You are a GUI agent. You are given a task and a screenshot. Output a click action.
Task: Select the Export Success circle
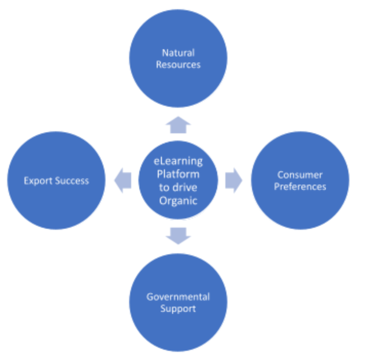56,181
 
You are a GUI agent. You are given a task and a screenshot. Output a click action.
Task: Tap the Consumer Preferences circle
300,181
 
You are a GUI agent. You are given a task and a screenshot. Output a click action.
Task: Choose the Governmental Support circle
178,303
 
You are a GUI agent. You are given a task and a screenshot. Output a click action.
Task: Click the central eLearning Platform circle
178,181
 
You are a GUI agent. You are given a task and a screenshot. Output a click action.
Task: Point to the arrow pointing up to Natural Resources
178,125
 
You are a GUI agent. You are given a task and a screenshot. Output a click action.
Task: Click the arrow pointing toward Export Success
122,181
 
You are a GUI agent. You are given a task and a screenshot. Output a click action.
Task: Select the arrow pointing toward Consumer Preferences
234,181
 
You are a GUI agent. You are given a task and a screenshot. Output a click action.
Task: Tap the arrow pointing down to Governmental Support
178,235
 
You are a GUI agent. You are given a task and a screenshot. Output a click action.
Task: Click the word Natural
178,52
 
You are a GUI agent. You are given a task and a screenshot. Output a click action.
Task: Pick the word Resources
178,65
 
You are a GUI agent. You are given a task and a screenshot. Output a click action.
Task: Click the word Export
37,181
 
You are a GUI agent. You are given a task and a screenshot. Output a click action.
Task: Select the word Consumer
300,175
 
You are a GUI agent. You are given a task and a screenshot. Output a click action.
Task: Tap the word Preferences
300,187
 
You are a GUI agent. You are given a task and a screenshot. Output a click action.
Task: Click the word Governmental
178,297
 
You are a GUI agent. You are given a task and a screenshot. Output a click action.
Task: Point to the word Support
178,309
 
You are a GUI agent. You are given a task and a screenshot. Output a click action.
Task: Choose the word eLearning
178,162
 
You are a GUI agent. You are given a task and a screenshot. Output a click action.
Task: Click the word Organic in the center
178,201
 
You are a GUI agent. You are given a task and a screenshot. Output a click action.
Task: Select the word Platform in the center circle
178,174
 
